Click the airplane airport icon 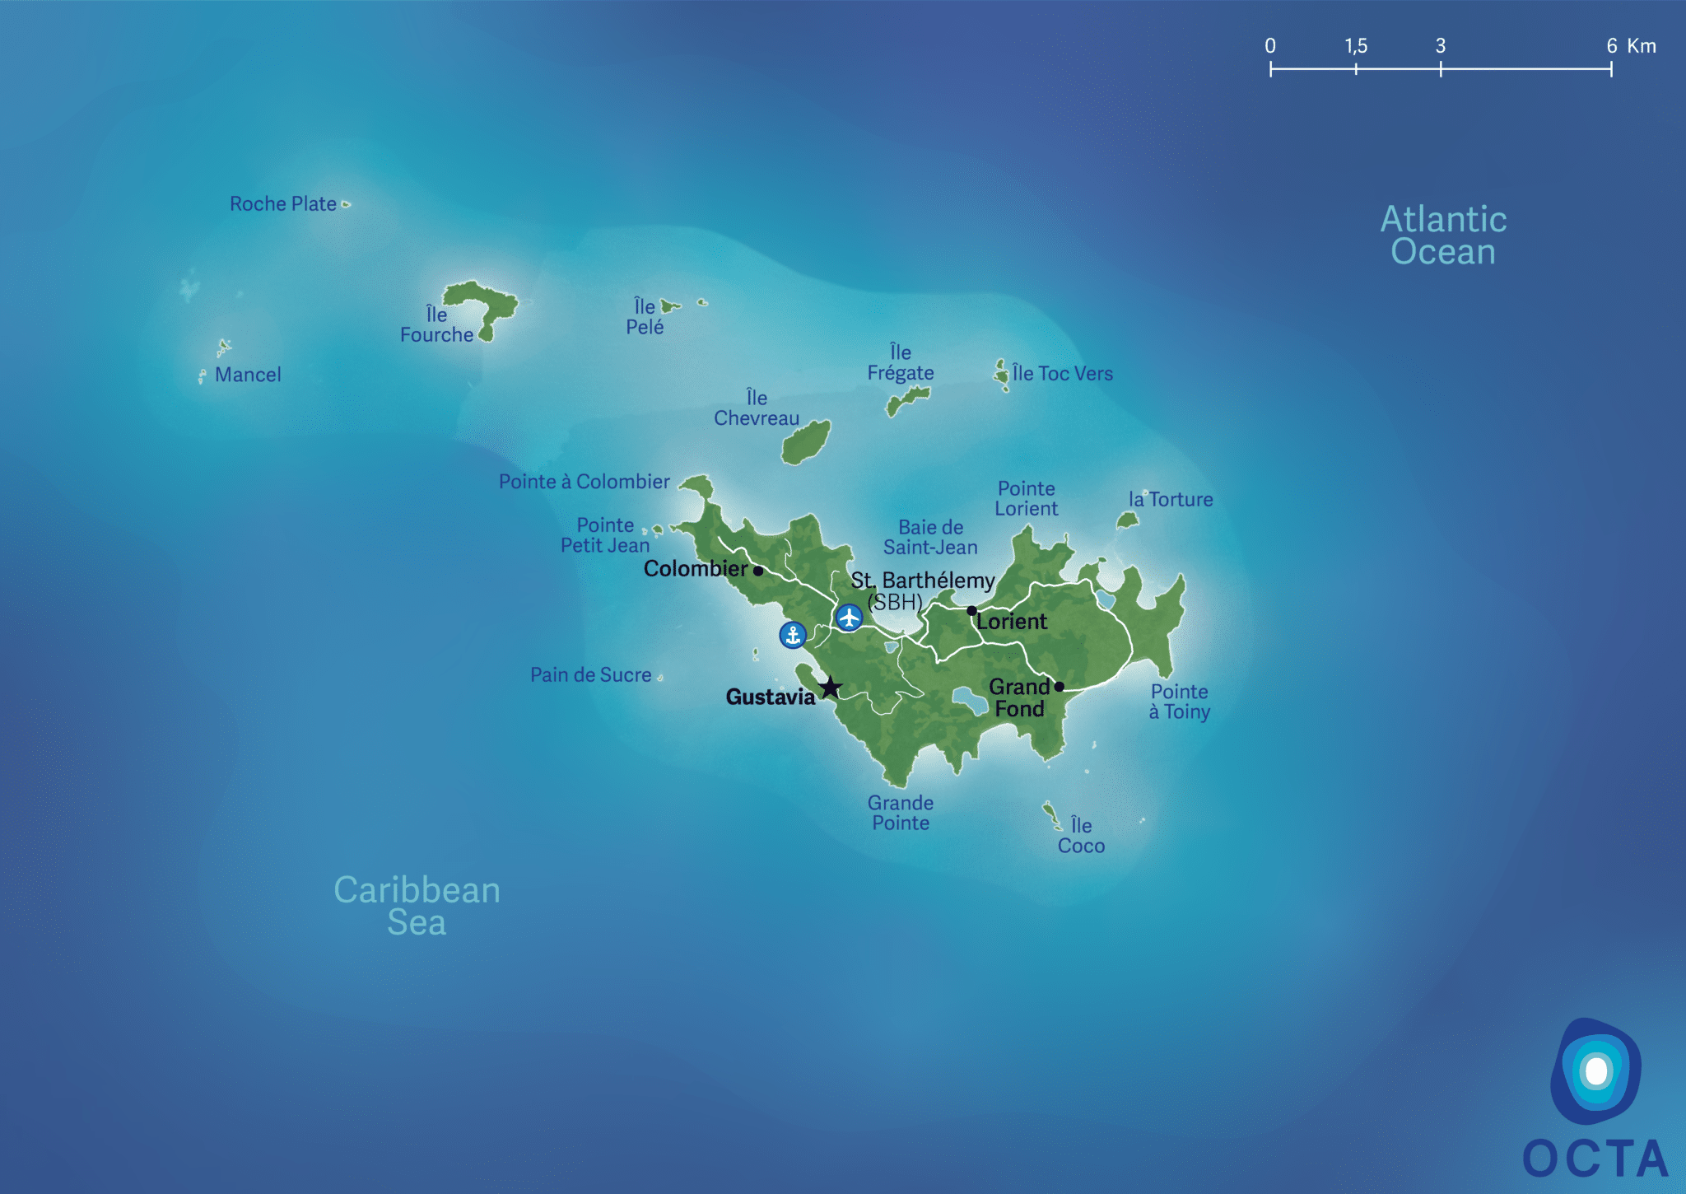tap(849, 617)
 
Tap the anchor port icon tap(793, 635)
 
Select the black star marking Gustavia tap(831, 687)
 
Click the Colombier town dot tap(758, 571)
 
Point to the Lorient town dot tap(971, 610)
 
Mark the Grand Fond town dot tap(1060, 686)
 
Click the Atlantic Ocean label tap(1443, 236)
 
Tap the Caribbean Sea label tap(417, 906)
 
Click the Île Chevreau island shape tap(806, 443)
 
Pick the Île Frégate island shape tap(908, 400)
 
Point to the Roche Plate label tap(283, 204)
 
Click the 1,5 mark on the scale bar tap(1356, 68)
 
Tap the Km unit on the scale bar tap(1642, 46)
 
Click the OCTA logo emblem tap(1595, 1071)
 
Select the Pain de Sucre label tap(590, 675)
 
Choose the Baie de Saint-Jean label tap(930, 538)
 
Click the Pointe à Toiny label tap(1180, 702)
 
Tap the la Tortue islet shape tap(1127, 520)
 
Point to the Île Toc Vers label tap(1062, 374)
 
